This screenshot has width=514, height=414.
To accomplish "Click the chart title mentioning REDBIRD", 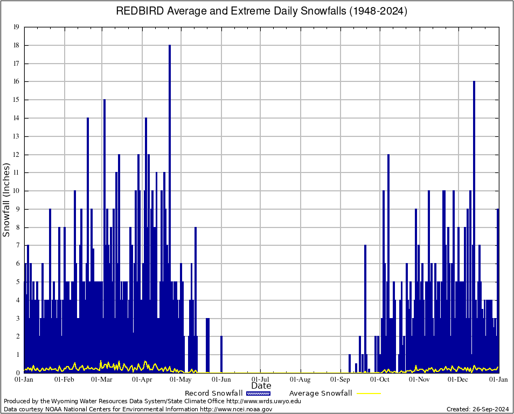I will point(262,11).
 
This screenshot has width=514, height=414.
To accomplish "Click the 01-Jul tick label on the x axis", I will point(261,379).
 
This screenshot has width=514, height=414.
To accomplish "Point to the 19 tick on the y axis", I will point(17,27).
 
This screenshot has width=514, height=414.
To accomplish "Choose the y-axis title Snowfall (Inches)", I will point(7,200).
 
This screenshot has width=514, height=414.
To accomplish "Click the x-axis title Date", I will point(261,386).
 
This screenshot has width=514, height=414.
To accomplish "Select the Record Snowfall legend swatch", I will point(258,394).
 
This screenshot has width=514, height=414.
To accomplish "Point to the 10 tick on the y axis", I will point(17,191).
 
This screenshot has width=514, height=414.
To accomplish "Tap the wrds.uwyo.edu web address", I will point(263,401).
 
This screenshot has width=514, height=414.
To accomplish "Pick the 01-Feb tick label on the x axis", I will point(65,379).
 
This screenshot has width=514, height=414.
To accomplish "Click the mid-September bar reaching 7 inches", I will point(365,302).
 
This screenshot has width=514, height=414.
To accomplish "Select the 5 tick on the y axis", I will point(18,282).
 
